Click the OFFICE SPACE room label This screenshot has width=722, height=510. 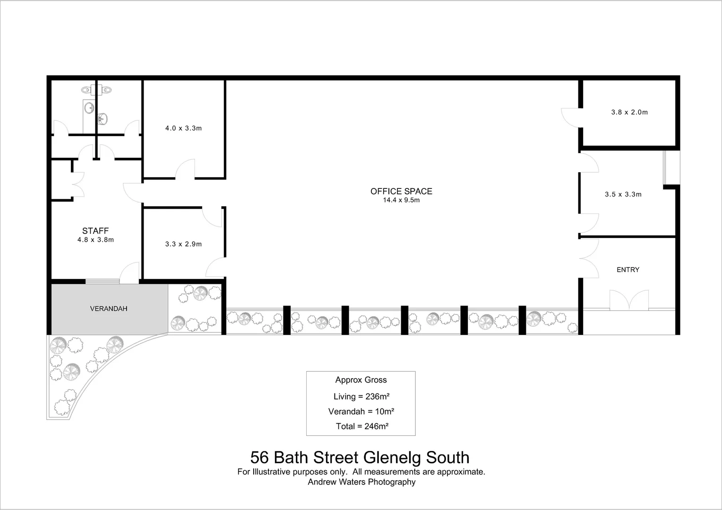(x=401, y=191)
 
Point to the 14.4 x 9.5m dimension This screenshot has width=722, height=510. (x=401, y=200)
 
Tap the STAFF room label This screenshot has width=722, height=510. (x=95, y=231)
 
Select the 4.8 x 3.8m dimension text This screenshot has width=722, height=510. (x=95, y=240)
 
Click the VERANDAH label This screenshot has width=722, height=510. (x=109, y=309)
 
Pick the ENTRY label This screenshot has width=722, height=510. (x=627, y=270)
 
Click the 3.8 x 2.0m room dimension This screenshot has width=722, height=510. (x=629, y=112)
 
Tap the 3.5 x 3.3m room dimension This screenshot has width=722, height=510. (x=623, y=195)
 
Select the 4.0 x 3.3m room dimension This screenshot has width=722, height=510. (x=183, y=128)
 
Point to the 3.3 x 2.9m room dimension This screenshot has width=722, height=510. (x=183, y=244)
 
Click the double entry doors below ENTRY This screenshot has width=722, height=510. (x=629, y=301)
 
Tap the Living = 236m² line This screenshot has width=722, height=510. (x=361, y=397)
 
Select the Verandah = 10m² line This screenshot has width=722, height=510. (x=361, y=411)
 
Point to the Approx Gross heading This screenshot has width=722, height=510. (x=361, y=380)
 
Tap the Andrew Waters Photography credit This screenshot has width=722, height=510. (x=361, y=482)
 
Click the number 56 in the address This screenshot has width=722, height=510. (x=259, y=458)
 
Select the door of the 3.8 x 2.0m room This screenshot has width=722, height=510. (x=570, y=118)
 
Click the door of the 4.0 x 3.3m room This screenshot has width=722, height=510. (x=185, y=169)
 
